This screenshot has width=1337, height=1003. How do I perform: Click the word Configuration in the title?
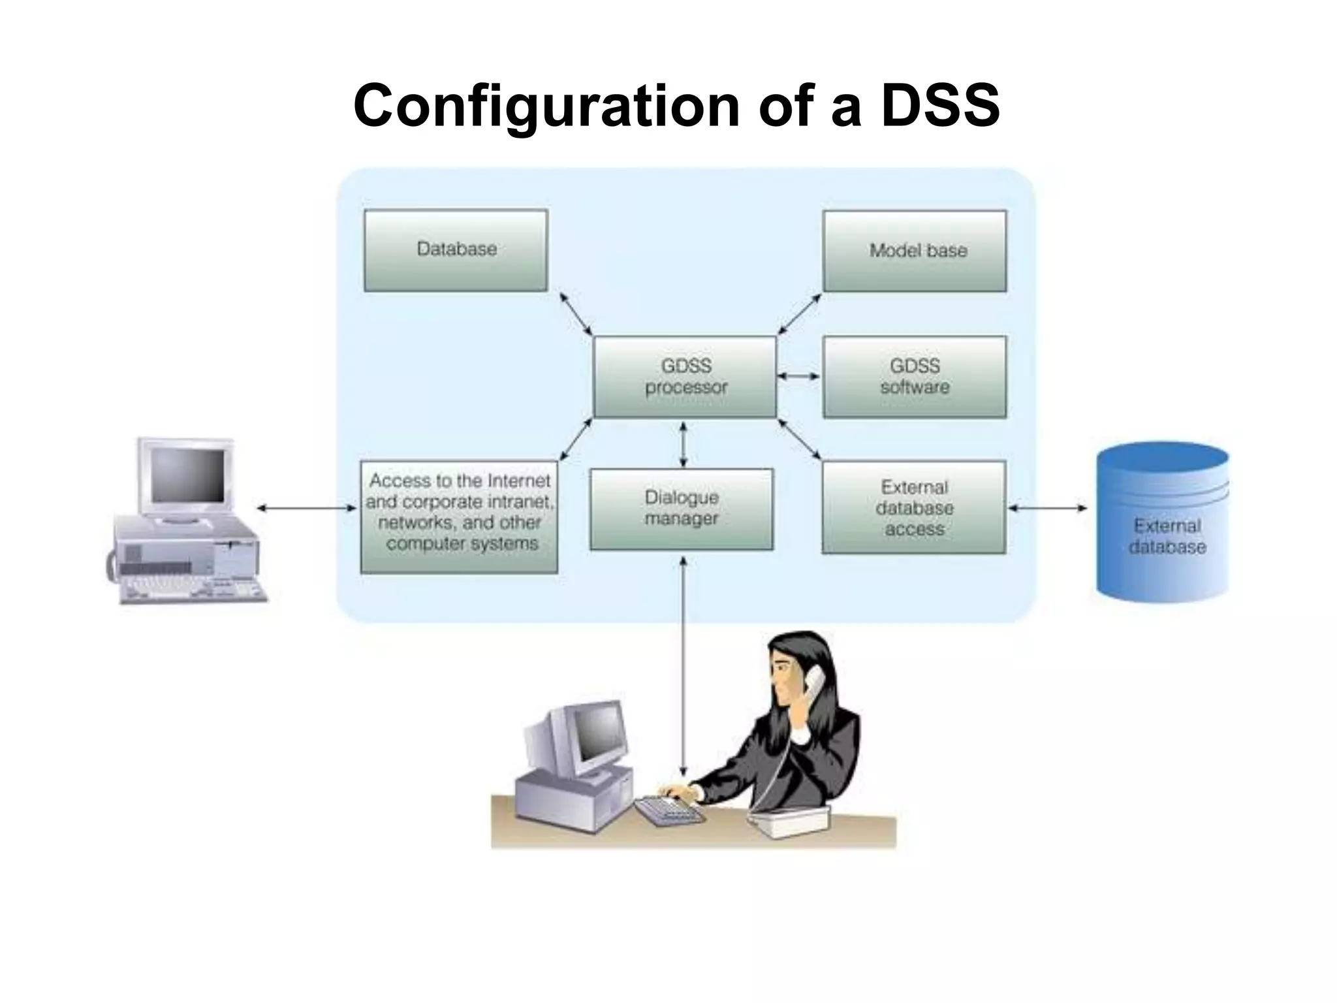(546, 106)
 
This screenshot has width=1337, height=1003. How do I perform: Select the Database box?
(456, 250)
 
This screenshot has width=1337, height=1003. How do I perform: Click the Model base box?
(915, 251)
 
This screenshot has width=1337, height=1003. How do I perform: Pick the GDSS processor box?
(685, 377)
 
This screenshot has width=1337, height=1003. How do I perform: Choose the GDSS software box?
(915, 377)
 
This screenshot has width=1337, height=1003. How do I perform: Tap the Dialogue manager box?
(682, 509)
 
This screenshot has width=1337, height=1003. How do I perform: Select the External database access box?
(913, 507)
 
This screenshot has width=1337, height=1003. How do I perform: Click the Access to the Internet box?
(459, 517)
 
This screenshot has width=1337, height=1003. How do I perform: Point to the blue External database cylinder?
(1163, 522)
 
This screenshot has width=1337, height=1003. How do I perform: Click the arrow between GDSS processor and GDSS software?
(799, 376)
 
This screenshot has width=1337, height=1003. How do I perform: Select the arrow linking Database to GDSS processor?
(575, 313)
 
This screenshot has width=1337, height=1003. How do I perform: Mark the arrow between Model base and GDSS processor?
(800, 313)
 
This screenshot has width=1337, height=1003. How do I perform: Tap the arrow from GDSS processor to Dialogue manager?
(683, 444)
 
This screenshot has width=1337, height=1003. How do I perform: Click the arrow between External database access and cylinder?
(1047, 507)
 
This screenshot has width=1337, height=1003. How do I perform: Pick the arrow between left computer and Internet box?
(307, 507)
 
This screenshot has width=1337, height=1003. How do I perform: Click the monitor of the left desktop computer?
(186, 477)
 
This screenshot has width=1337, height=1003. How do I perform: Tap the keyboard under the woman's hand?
(669, 810)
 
